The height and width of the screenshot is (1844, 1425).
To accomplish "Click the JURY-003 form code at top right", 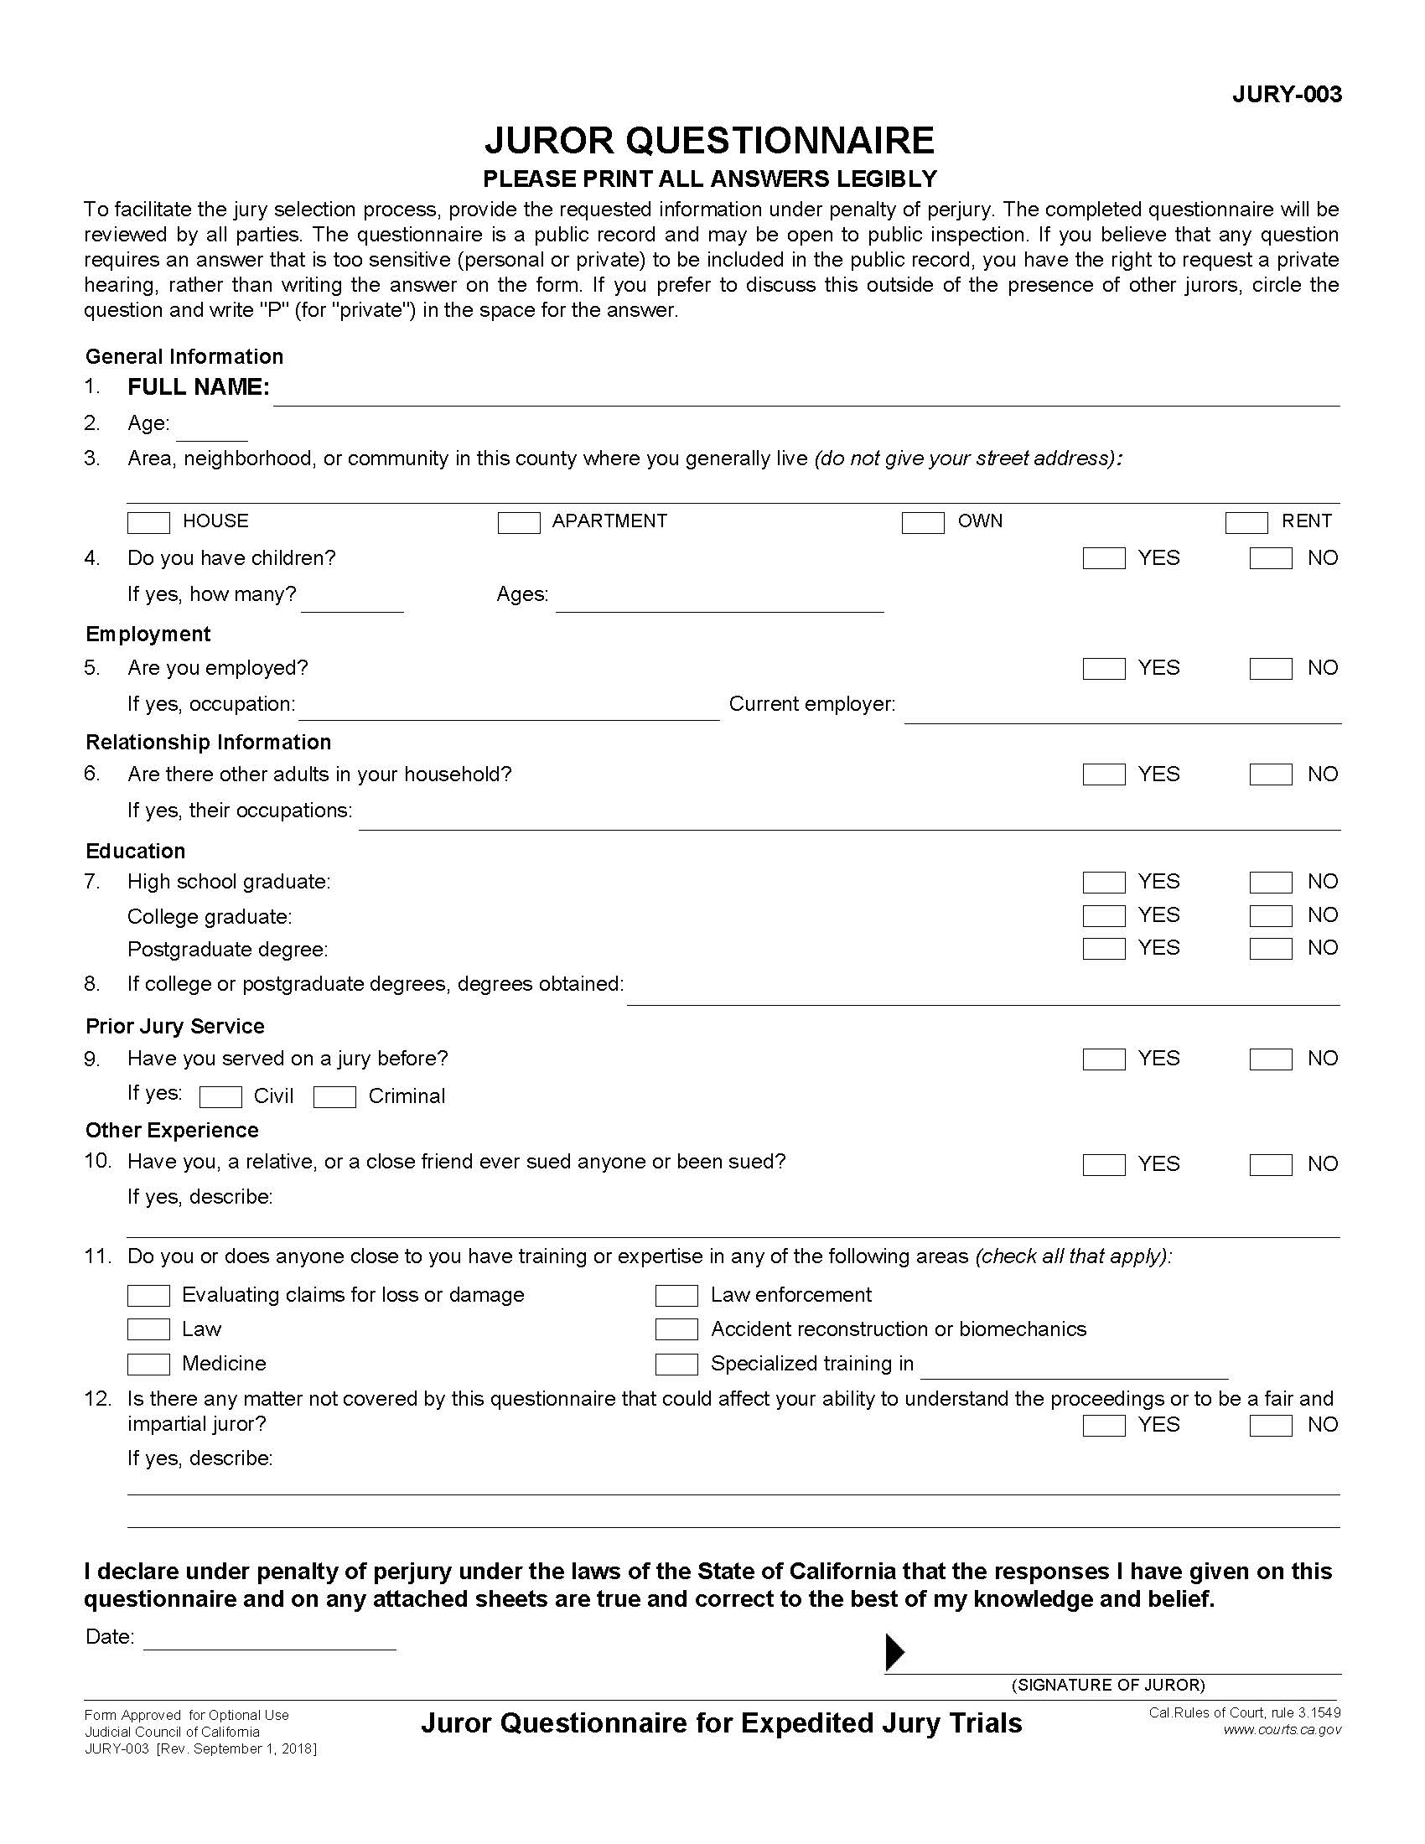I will pyautogui.click(x=1286, y=95).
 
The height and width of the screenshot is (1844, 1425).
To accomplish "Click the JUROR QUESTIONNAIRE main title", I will pyautogui.click(x=709, y=140).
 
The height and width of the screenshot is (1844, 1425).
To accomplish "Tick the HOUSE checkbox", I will pyautogui.click(x=148, y=523).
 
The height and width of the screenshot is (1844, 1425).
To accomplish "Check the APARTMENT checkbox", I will pyautogui.click(x=518, y=523).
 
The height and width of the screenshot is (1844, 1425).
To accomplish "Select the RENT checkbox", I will pyautogui.click(x=1246, y=523).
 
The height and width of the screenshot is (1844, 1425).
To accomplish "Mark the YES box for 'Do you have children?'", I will pyautogui.click(x=1103, y=558).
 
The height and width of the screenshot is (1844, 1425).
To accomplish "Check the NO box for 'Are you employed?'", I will pyautogui.click(x=1271, y=669).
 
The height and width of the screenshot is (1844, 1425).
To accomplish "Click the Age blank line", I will pyautogui.click(x=211, y=433).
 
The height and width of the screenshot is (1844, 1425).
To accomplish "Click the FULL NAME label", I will pyautogui.click(x=199, y=387).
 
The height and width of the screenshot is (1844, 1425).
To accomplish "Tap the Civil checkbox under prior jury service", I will pyautogui.click(x=220, y=1097).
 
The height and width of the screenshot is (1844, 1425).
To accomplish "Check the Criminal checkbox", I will pyautogui.click(x=334, y=1097).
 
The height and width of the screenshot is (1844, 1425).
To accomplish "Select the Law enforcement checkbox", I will pyautogui.click(x=676, y=1295).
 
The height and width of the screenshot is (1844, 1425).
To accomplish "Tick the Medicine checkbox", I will pyautogui.click(x=148, y=1364).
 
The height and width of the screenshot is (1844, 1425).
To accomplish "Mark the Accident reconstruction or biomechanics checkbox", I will pyautogui.click(x=676, y=1329).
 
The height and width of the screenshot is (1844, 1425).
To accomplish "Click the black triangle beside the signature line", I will pyautogui.click(x=894, y=1652).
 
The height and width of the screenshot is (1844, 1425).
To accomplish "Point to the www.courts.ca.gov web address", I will pyautogui.click(x=1282, y=1730).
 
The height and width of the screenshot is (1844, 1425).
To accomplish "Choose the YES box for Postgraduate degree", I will pyautogui.click(x=1103, y=949).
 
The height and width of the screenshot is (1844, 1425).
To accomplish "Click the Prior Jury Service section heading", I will pyautogui.click(x=174, y=1026).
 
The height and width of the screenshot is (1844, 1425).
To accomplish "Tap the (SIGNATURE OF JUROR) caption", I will pyautogui.click(x=1108, y=1686).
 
